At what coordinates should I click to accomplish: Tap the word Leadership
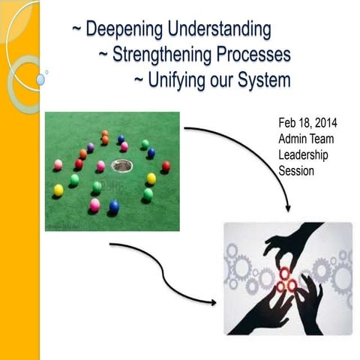302,155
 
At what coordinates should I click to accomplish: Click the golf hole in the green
118,164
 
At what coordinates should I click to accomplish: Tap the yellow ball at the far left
58,190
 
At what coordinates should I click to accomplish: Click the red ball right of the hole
166,166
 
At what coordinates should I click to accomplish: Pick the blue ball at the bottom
114,205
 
